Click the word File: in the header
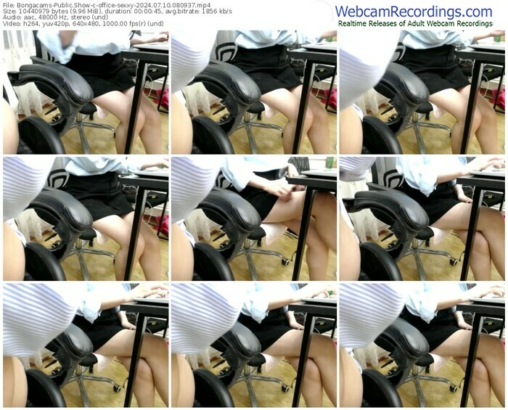click(8, 5)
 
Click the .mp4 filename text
click(113, 5)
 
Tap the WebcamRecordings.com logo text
click(414, 12)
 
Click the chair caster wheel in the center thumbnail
click(285, 261)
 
